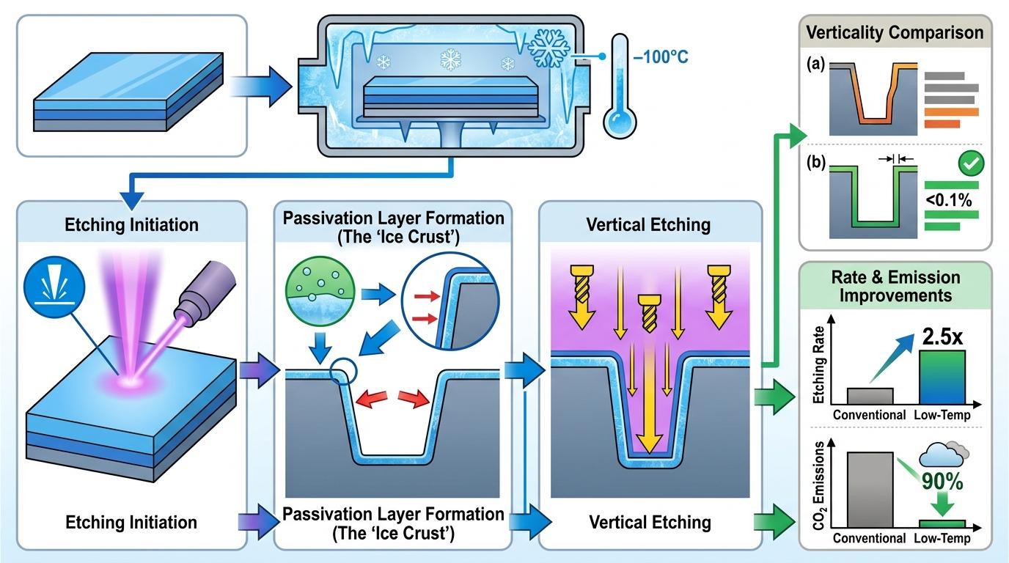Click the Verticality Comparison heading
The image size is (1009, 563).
(895, 32)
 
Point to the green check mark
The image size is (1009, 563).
(972, 164)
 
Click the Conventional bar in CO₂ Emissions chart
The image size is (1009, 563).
(870, 489)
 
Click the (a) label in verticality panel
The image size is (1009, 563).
(815, 65)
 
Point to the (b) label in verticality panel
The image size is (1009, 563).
(815, 161)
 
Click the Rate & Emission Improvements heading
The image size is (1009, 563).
(895, 287)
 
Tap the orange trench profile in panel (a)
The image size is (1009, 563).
(873, 95)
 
